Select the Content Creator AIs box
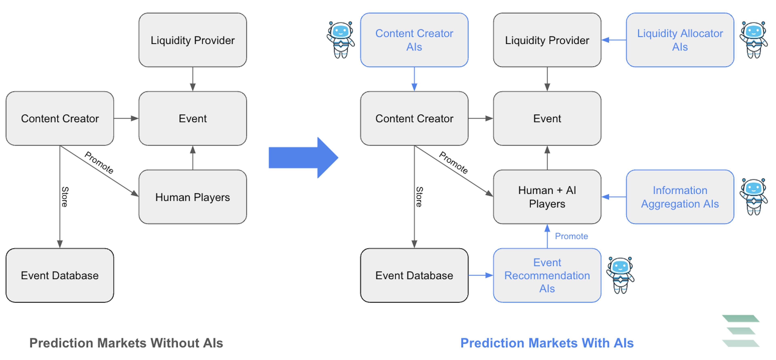point(414,40)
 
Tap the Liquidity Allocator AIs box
point(680,40)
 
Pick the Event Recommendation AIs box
point(547,275)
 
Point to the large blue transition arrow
point(303,157)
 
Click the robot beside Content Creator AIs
point(341,40)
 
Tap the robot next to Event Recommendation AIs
point(620,275)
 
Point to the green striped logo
point(741,331)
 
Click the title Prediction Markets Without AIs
point(126,343)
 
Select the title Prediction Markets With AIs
point(547,343)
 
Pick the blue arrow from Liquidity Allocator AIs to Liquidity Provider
point(614,40)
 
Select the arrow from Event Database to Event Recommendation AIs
point(481,275)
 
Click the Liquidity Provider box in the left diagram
point(193,40)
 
